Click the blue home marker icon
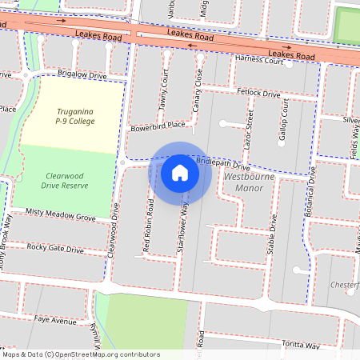click(180, 172)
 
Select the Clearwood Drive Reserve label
click(65, 179)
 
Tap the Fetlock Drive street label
click(259, 93)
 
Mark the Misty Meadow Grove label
click(61, 215)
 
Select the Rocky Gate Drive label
click(55, 249)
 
